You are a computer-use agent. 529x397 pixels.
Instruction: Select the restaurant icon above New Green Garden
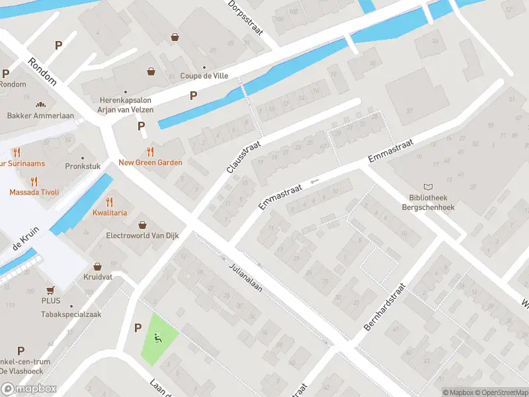tap(150, 152)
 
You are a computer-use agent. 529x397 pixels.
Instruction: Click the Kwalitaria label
tap(110, 213)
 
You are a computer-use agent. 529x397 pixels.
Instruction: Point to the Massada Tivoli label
tap(34, 192)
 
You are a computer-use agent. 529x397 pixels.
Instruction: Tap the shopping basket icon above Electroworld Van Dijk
tap(142, 224)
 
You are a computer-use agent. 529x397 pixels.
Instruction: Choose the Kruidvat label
tap(98, 277)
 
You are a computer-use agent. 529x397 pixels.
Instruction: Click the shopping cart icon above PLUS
tap(50, 290)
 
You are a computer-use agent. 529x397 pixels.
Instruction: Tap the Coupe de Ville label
tap(204, 75)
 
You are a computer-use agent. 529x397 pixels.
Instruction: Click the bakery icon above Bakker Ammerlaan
tap(40, 105)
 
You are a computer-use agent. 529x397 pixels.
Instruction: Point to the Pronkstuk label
tap(83, 166)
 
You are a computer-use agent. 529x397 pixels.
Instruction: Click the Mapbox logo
tap(29, 388)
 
